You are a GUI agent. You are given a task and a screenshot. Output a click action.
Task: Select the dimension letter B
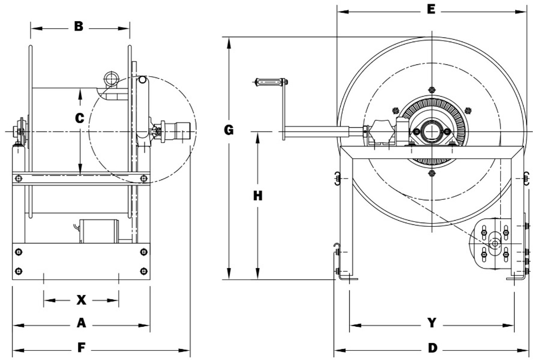coord(79,27)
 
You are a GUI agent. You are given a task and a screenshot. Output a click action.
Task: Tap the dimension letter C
coord(80,118)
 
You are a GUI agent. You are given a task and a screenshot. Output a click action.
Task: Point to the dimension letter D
coord(433,348)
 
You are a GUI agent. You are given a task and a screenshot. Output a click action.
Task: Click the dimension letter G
coord(229,130)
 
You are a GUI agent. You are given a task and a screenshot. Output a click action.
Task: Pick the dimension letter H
coord(258,196)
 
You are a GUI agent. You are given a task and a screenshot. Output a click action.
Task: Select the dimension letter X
coord(81,300)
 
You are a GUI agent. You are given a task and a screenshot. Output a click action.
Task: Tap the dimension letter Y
coord(432,323)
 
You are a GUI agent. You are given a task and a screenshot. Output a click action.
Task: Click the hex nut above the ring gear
coord(431,89)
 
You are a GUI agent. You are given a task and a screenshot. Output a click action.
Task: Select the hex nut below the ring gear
coord(431,173)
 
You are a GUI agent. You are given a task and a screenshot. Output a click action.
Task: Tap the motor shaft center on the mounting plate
coord(495,243)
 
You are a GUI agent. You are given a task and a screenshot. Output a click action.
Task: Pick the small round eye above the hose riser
coord(111,77)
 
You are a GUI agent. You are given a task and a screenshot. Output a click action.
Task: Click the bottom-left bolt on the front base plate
coord(18,271)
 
